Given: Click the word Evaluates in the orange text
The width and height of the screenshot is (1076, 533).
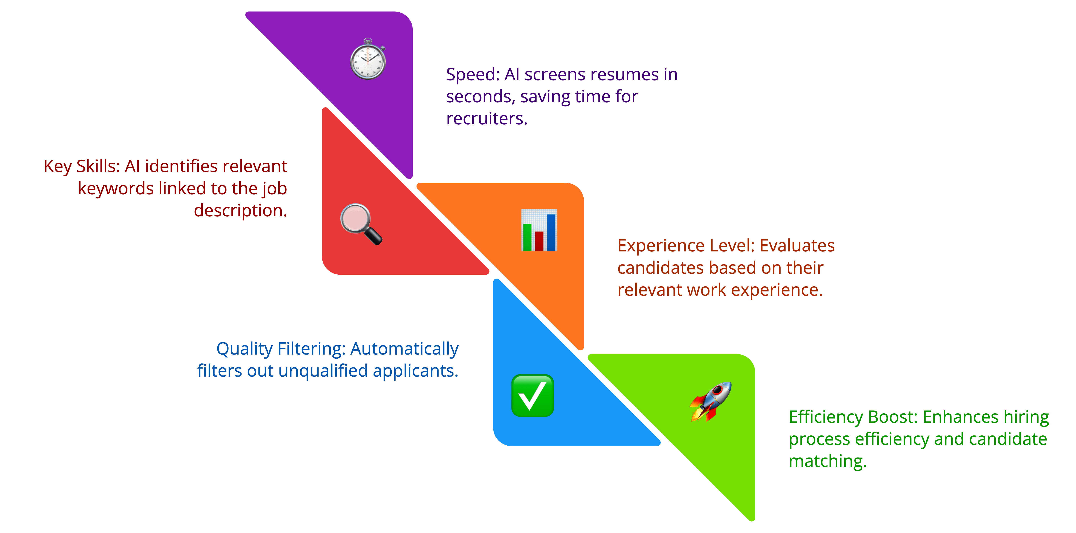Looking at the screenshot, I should tap(797, 246).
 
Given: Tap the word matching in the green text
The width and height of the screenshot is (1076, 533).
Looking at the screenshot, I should tap(827, 461).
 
